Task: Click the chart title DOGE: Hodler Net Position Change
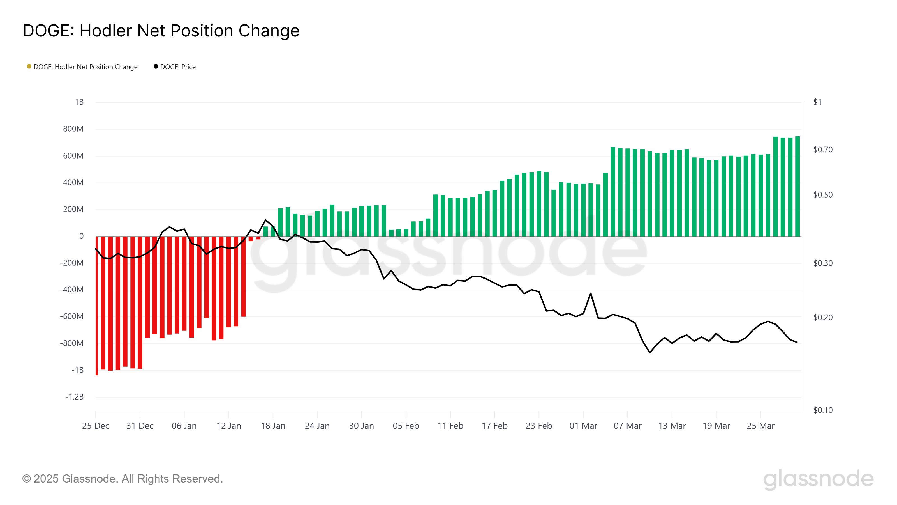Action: tap(161, 31)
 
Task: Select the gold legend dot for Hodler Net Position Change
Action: tap(29, 66)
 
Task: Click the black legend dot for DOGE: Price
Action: tap(156, 66)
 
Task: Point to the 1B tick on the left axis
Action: tap(79, 102)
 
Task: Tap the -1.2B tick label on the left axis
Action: tap(75, 397)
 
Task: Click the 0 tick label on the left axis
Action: tap(82, 236)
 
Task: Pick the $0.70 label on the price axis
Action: tap(823, 150)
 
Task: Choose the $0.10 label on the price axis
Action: tap(823, 410)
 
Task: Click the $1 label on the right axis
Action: tap(817, 102)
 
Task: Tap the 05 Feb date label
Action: tap(406, 426)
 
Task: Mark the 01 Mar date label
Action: tap(583, 426)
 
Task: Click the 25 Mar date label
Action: tap(760, 426)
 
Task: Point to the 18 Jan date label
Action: tap(273, 426)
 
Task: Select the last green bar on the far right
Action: tap(797, 187)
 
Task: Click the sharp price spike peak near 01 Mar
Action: tap(591, 293)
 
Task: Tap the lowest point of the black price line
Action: tap(650, 353)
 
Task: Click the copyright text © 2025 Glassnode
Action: tap(122, 479)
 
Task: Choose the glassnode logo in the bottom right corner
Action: tap(818, 479)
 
